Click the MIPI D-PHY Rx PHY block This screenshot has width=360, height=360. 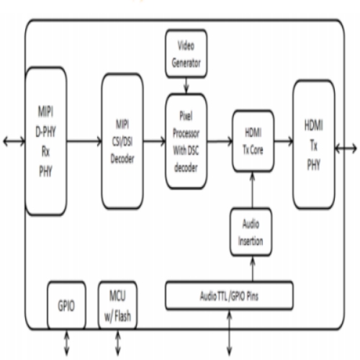pyautogui.click(x=46, y=141)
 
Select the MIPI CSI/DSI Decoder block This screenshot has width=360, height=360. pyautogui.click(x=122, y=141)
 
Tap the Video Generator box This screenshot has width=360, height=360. pyautogui.click(x=186, y=53)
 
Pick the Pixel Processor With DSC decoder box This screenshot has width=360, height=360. pyautogui.click(x=186, y=141)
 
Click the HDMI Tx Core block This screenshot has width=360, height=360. pyautogui.click(x=253, y=141)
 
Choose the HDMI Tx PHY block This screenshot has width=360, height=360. pyautogui.click(x=314, y=145)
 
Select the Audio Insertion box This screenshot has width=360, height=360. pyautogui.click(x=251, y=232)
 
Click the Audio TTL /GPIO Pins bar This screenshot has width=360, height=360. pyautogui.click(x=229, y=295)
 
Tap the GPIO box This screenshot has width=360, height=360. pyautogui.click(x=66, y=305)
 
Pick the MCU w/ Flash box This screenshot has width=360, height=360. pyautogui.click(x=117, y=305)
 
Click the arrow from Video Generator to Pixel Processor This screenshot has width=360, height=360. pyautogui.click(x=186, y=86)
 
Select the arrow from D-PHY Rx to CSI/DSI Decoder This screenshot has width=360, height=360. pyautogui.click(x=84, y=141)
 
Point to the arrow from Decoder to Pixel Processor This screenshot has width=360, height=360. pyautogui.click(x=155, y=141)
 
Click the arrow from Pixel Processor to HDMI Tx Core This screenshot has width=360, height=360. pyautogui.click(x=220, y=141)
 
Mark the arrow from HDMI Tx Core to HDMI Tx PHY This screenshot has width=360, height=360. pyautogui.click(x=284, y=141)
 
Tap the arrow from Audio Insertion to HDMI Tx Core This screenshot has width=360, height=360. pyautogui.click(x=253, y=190)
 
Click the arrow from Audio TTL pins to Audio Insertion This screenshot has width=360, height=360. pyautogui.click(x=253, y=269)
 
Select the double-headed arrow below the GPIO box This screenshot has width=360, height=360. pyautogui.click(x=66, y=343)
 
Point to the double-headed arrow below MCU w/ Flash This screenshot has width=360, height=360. pyautogui.click(x=117, y=343)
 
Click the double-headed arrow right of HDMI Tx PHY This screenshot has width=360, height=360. pyautogui.click(x=346, y=149)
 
